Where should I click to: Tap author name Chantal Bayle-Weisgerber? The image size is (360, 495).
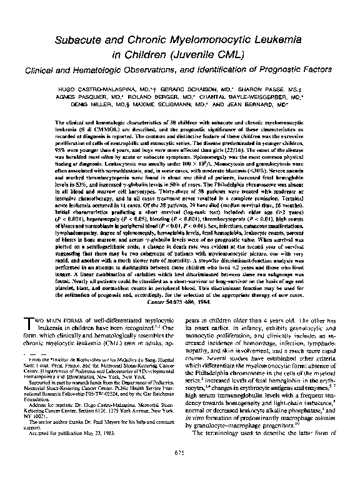click(x=250, y=97)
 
